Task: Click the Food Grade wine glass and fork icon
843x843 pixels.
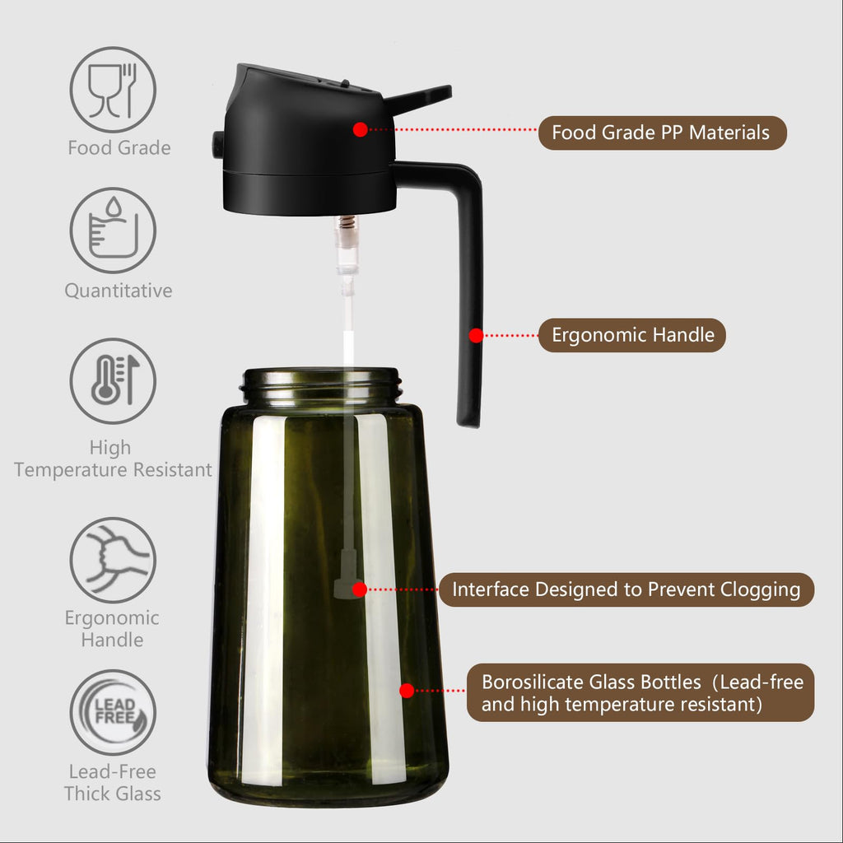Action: pyautogui.click(x=113, y=90)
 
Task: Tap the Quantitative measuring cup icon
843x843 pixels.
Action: pyautogui.click(x=113, y=231)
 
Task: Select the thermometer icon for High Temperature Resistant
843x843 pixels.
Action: pyautogui.click(x=113, y=381)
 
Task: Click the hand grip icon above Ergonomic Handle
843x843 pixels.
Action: pyautogui.click(x=113, y=560)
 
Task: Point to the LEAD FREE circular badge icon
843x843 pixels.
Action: pyautogui.click(x=113, y=712)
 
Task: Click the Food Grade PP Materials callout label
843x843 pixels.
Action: pyautogui.click(x=662, y=133)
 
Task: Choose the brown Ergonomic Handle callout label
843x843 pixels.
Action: pyautogui.click(x=632, y=335)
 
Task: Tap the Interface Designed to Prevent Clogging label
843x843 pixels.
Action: pyautogui.click(x=626, y=589)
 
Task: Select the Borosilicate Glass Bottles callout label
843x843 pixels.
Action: pyautogui.click(x=640, y=692)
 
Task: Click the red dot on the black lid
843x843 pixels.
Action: pyautogui.click(x=360, y=129)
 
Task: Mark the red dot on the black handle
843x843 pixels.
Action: pyautogui.click(x=476, y=335)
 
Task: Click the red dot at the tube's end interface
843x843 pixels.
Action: pyautogui.click(x=359, y=589)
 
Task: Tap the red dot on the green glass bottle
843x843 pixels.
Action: pyautogui.click(x=407, y=691)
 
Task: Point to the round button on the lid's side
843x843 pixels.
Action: pyautogui.click(x=217, y=145)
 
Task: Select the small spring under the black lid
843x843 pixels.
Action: pyautogui.click(x=347, y=223)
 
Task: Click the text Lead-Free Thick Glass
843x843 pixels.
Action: pyautogui.click(x=113, y=783)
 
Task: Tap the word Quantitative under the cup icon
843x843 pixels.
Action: pyautogui.click(x=119, y=291)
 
